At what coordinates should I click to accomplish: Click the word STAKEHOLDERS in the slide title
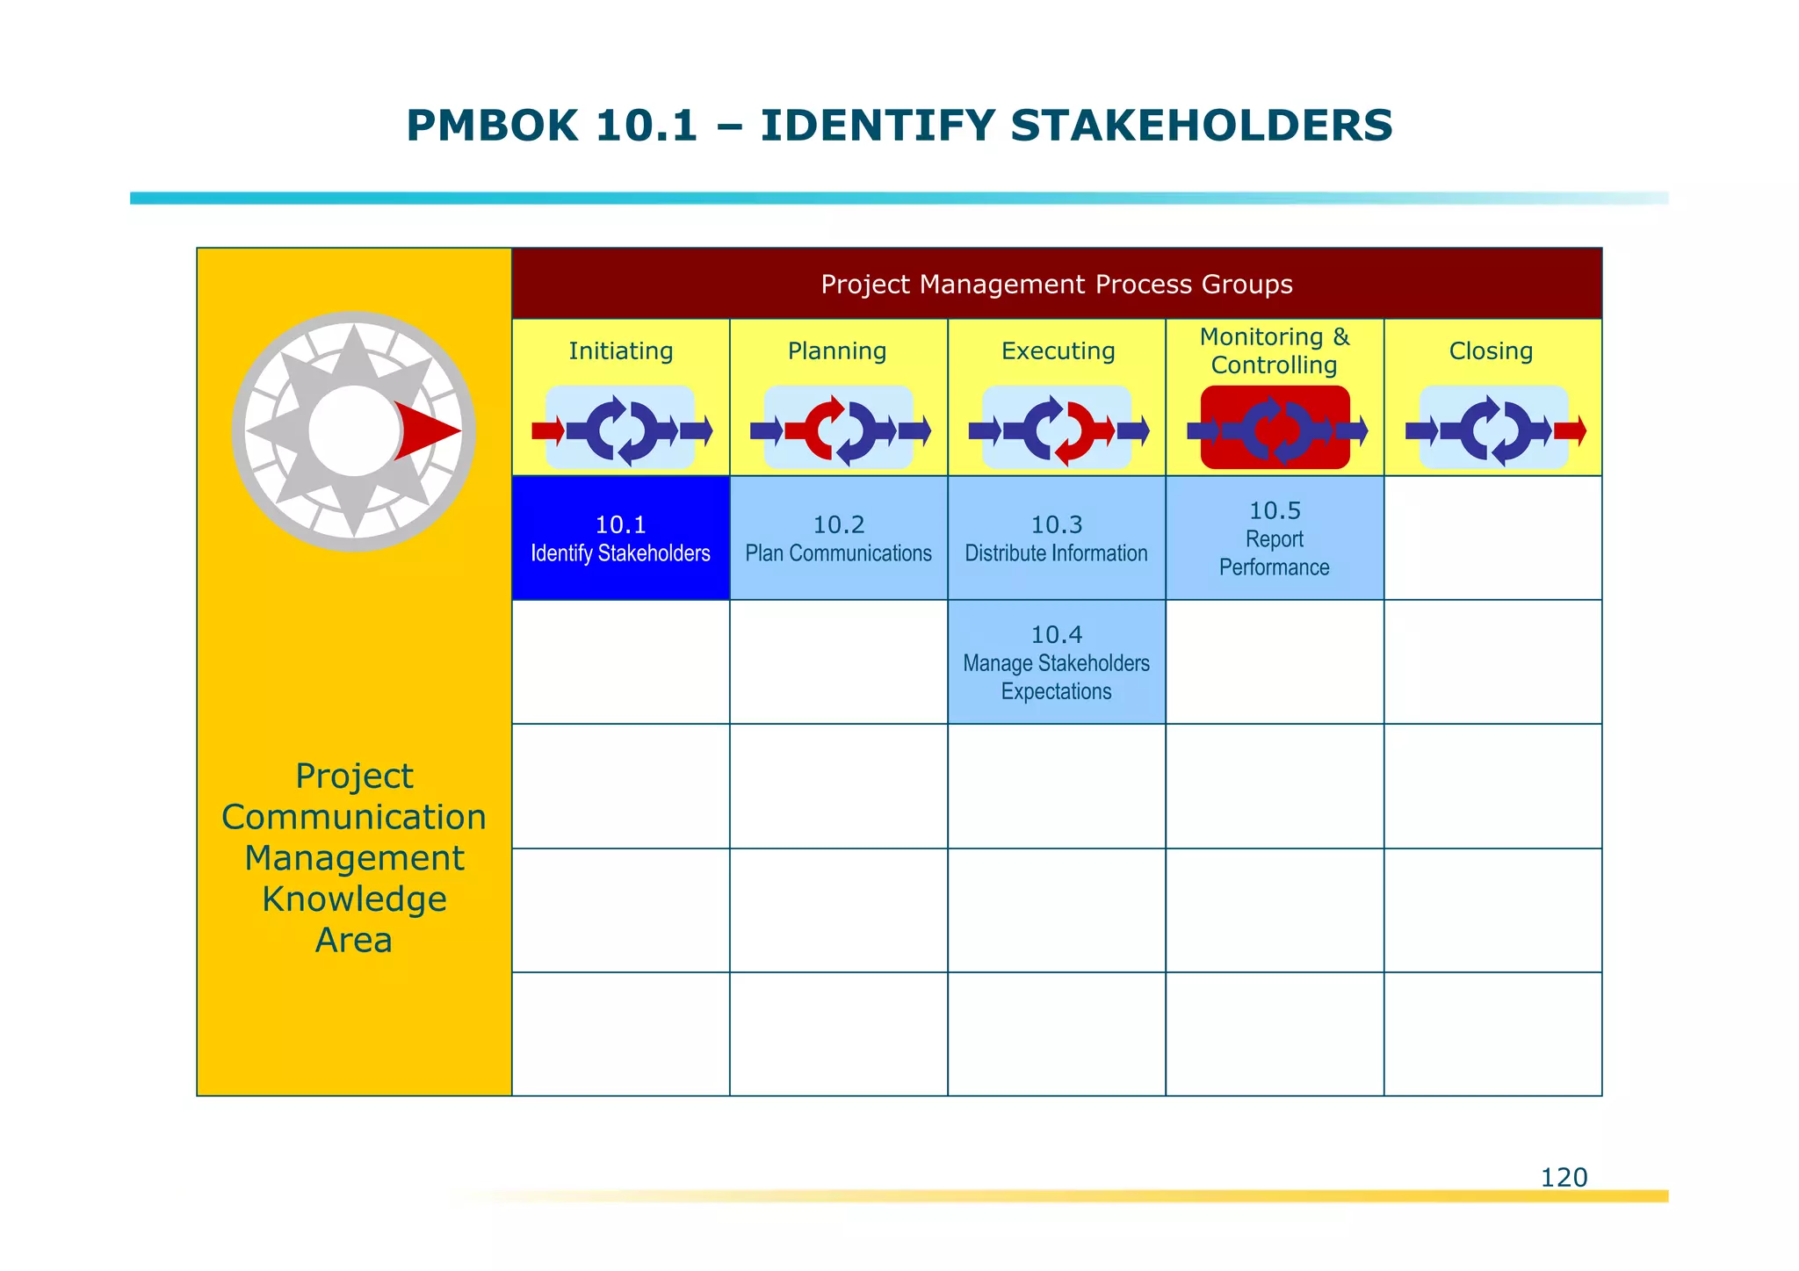click(1201, 126)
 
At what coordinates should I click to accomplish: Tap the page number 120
click(1564, 1177)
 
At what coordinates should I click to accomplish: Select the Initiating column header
click(620, 351)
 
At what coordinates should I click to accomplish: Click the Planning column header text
click(837, 351)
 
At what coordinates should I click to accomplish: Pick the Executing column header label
click(1058, 351)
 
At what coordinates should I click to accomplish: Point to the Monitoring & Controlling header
click(1274, 350)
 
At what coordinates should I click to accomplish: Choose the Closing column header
click(1491, 351)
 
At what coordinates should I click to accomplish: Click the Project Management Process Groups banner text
click(1056, 285)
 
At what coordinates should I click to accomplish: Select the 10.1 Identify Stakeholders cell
click(620, 538)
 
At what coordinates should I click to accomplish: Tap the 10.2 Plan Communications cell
click(838, 538)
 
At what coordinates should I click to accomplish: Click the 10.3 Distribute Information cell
click(1056, 538)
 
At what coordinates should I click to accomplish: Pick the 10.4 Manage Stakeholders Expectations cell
click(1056, 662)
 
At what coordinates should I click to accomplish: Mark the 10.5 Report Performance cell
click(1274, 538)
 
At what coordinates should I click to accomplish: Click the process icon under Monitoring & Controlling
click(1275, 430)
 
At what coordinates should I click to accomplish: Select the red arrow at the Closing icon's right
click(1570, 430)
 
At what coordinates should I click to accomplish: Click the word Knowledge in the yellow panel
click(354, 899)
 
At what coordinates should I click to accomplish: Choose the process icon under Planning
click(839, 430)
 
